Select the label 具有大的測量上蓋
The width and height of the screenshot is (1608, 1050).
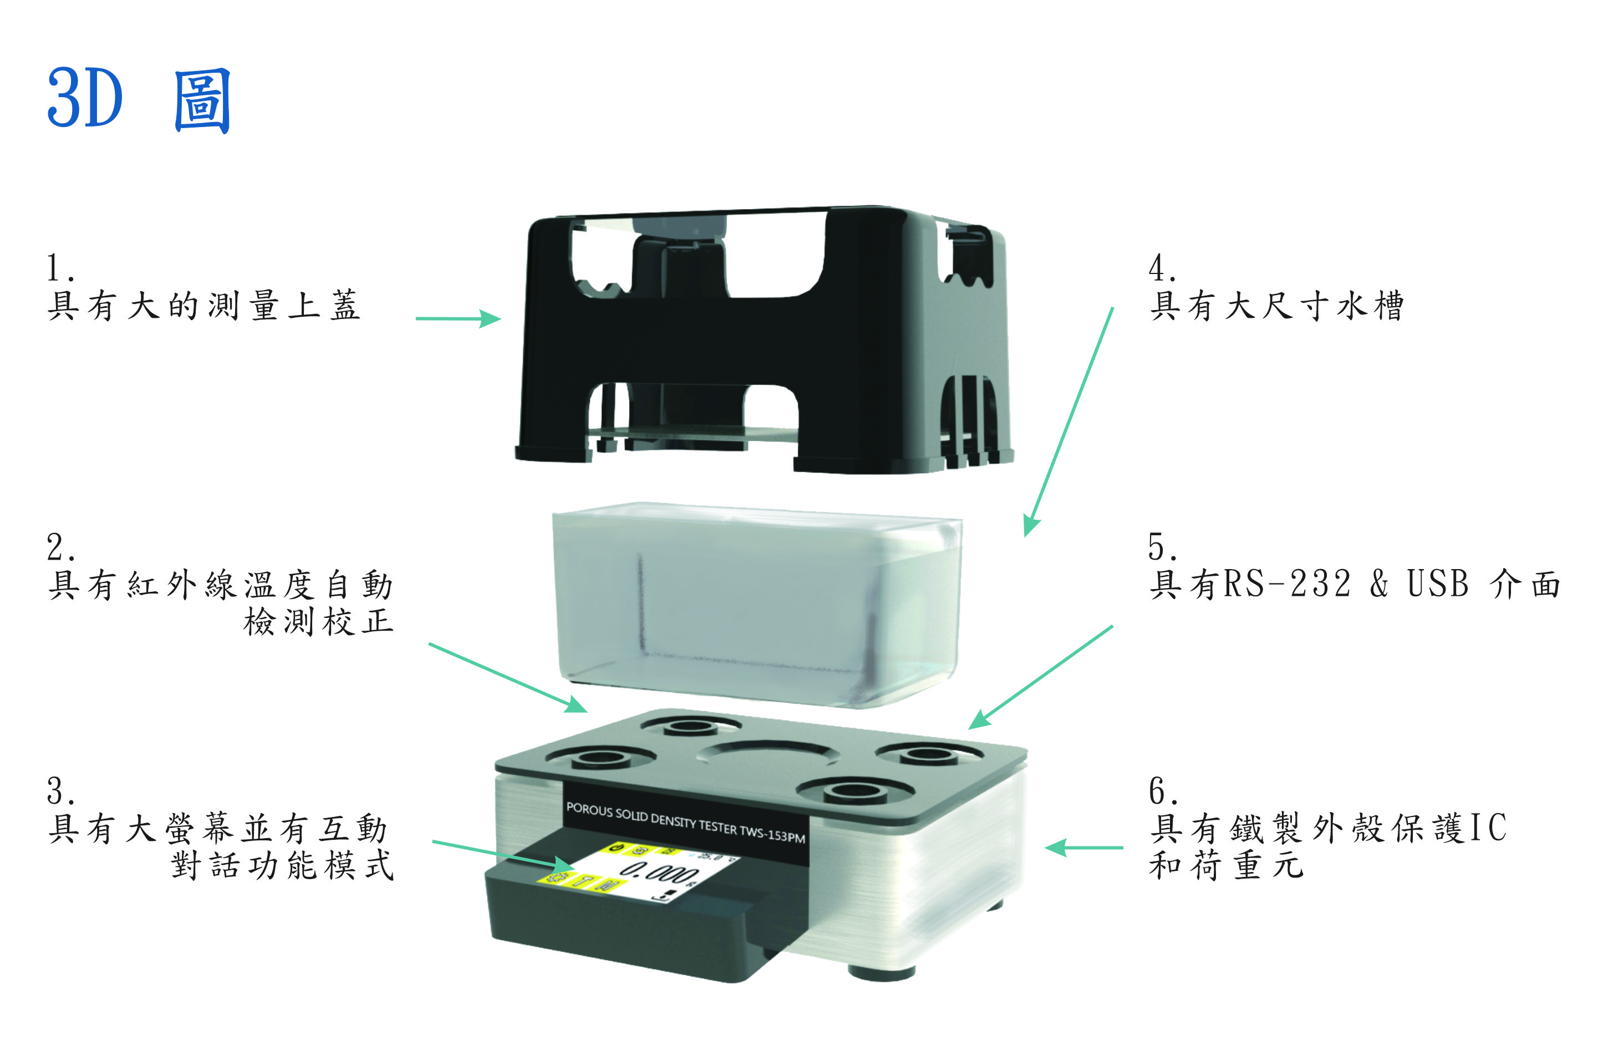tap(203, 306)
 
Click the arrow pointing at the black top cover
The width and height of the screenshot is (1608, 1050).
tap(458, 318)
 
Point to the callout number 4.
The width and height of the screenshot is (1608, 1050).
tap(1162, 268)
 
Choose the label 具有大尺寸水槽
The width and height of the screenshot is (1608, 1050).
tap(1277, 306)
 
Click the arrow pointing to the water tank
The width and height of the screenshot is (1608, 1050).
tap(1068, 422)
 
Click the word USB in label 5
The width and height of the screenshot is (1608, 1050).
tap(1438, 584)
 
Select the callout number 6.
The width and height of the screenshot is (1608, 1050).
tap(1162, 790)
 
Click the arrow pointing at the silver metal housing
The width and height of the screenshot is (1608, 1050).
tap(1083, 846)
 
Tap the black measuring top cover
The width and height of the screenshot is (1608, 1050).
tap(764, 338)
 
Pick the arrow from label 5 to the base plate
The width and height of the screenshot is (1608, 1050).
tap(1040, 677)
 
